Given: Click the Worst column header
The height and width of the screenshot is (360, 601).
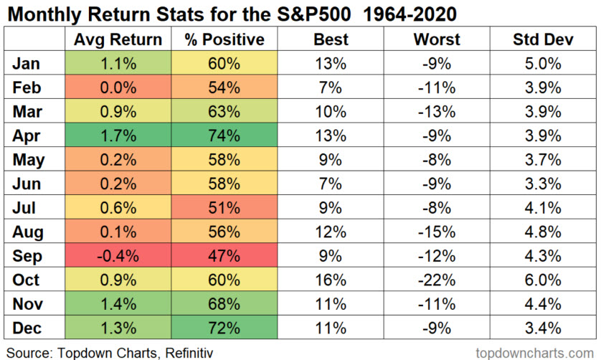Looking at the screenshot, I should (x=436, y=39).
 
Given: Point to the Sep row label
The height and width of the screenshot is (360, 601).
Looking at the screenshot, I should (x=27, y=256).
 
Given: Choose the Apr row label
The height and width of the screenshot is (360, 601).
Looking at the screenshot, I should (x=27, y=136).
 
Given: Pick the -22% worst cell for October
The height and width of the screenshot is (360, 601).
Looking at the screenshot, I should (x=436, y=280).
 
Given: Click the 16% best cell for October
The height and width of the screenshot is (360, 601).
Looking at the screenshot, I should (x=331, y=280).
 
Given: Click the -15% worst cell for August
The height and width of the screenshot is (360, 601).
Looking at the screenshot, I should (x=436, y=232).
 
